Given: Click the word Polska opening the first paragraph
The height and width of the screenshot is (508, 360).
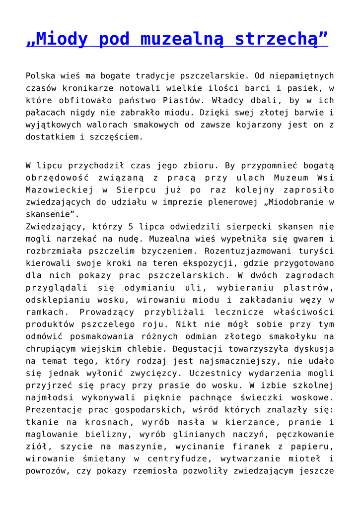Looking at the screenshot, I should point(40,77).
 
